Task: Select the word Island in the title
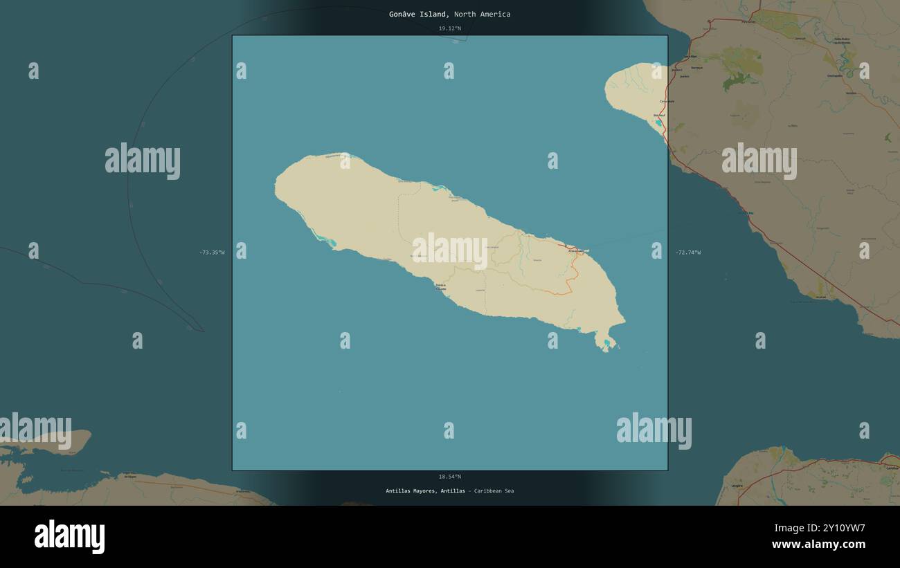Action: [434, 15]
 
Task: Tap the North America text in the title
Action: [483, 15]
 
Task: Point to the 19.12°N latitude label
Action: [449, 28]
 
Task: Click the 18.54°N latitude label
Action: [449, 477]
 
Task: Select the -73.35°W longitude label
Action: [212, 253]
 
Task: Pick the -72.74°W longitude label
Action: [687, 253]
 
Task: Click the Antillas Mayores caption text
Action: [411, 491]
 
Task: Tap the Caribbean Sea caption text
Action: [493, 491]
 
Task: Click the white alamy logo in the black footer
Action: [69, 537]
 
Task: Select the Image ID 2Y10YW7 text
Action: [820, 529]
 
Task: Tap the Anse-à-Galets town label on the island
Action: [577, 250]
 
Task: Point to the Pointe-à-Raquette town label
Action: [440, 286]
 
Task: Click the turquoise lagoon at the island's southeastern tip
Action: [606, 342]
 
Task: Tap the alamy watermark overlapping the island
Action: [449, 250]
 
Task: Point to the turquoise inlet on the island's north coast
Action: [438, 187]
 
